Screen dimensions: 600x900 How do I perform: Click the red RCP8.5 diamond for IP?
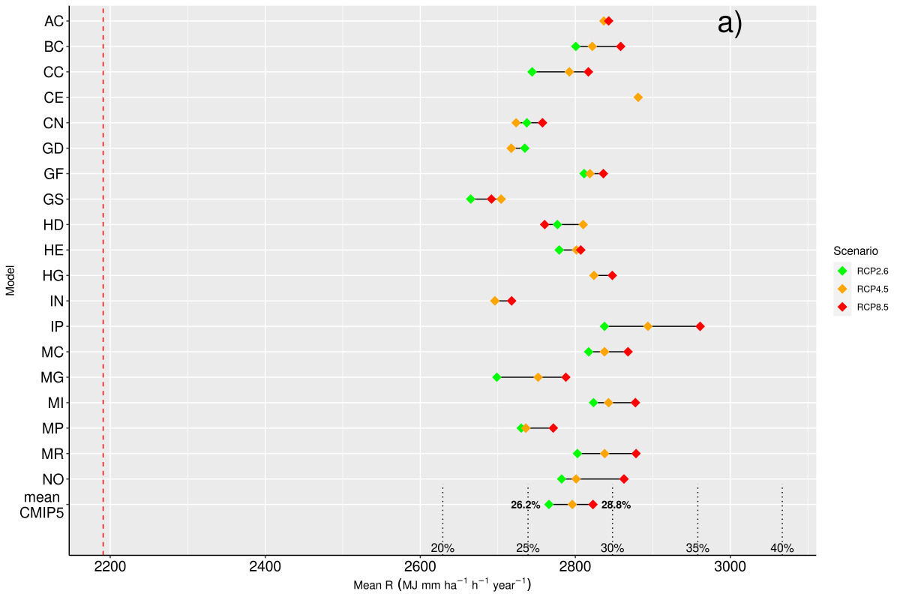click(x=700, y=326)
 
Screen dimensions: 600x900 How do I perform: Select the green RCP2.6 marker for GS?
click(x=471, y=199)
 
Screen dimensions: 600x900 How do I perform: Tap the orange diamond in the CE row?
click(x=638, y=97)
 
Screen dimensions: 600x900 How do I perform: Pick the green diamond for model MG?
click(x=496, y=377)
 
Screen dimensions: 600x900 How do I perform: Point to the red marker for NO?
click(x=624, y=478)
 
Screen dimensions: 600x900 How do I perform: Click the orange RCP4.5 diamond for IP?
click(x=648, y=326)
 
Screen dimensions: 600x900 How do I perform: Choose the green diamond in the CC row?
click(x=532, y=72)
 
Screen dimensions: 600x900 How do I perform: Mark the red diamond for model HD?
click(x=544, y=224)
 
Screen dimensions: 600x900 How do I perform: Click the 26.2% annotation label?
click(x=526, y=505)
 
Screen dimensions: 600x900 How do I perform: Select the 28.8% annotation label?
click(x=616, y=505)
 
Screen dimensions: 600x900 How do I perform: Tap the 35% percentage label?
click(x=697, y=547)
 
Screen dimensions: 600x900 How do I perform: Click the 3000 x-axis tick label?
click(x=730, y=565)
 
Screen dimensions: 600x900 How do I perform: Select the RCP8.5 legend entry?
click(x=872, y=307)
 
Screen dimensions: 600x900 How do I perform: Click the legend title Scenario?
click(x=856, y=250)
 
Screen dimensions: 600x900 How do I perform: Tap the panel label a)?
click(x=730, y=24)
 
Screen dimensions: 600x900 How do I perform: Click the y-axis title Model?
click(x=10, y=278)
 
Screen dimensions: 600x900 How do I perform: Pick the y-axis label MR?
click(x=53, y=454)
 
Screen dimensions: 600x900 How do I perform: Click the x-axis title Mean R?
click(x=442, y=584)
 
